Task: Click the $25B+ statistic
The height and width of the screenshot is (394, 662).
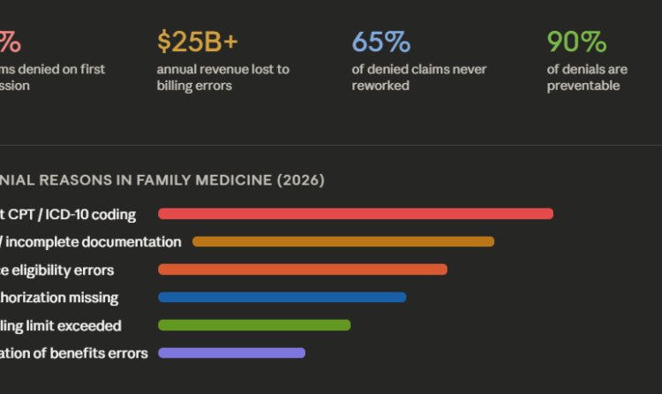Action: click(x=198, y=42)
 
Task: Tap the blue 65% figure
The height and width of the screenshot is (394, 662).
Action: click(x=381, y=42)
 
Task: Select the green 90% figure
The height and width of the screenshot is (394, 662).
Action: click(x=576, y=42)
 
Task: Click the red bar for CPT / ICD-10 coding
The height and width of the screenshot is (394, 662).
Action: click(x=356, y=214)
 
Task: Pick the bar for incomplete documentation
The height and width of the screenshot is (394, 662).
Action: click(x=343, y=242)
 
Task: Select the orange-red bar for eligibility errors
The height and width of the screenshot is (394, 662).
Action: click(x=303, y=269)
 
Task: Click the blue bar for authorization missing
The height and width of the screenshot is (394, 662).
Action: click(x=282, y=297)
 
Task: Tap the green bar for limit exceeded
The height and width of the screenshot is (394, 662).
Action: click(x=254, y=325)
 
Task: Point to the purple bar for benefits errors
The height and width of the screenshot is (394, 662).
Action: click(x=231, y=352)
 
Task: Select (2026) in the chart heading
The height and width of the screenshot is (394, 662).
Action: click(x=301, y=180)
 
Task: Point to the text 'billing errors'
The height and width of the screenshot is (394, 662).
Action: click(x=195, y=86)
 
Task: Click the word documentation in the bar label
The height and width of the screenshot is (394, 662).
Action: click(x=133, y=242)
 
